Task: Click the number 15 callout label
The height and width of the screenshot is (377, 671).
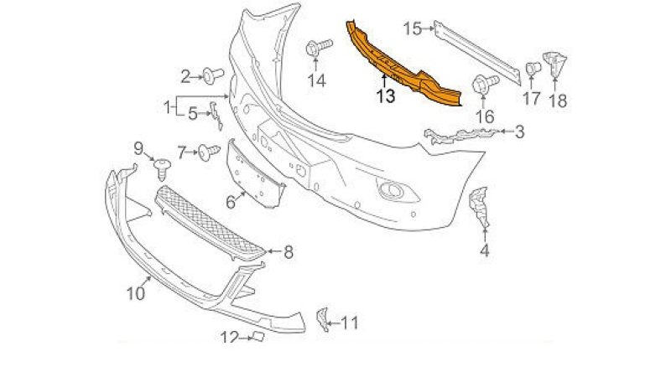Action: [413, 29]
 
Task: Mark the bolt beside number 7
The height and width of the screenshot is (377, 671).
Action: [206, 152]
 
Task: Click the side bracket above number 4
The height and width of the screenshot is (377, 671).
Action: [479, 206]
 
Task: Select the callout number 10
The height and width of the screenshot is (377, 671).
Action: [136, 293]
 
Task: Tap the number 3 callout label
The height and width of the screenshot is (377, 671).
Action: [520, 132]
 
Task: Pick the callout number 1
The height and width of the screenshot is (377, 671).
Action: [168, 106]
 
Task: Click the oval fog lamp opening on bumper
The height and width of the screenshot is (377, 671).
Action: [390, 190]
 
